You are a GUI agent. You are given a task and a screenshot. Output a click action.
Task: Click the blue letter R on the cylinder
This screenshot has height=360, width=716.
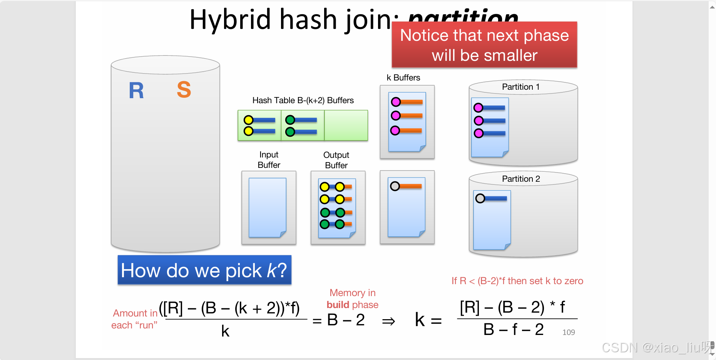[x=136, y=91]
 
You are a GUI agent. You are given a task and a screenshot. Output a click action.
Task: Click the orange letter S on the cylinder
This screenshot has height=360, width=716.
[x=184, y=90]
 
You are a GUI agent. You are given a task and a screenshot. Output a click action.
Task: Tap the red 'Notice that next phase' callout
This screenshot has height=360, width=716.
[x=484, y=45]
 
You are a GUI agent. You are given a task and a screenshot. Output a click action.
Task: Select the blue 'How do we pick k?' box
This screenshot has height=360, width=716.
[x=204, y=270]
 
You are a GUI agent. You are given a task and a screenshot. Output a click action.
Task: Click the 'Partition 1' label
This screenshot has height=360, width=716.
[x=520, y=87]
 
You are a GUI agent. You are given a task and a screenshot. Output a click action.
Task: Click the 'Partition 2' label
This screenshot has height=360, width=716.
[x=521, y=179]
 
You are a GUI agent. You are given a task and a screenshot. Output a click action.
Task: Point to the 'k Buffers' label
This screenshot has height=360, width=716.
[x=403, y=78]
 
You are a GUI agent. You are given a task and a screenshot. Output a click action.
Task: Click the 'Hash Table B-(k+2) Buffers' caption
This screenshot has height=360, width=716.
[x=303, y=100]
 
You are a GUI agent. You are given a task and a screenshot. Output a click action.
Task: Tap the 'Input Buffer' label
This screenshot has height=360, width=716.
[x=269, y=160]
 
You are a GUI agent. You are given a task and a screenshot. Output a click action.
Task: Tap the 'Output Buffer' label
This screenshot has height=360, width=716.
[x=336, y=160]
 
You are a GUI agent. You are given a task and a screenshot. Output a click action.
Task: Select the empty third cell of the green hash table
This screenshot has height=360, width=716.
[x=346, y=126]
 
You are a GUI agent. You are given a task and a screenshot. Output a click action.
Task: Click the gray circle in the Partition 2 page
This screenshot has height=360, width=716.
[x=480, y=199]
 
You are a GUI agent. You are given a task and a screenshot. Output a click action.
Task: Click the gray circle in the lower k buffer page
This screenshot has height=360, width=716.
[x=395, y=186]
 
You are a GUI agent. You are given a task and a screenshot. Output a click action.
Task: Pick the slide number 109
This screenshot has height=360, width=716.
[x=568, y=332]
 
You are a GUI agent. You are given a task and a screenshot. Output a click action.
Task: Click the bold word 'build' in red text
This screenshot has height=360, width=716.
[x=338, y=305]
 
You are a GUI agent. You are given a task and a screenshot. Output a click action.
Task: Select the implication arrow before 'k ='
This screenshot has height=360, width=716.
[x=388, y=321]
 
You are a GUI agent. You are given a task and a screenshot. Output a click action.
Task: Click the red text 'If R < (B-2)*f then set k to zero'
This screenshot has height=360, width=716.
[x=517, y=281]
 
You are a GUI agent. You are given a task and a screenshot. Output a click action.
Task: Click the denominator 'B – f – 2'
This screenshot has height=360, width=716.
[x=513, y=330]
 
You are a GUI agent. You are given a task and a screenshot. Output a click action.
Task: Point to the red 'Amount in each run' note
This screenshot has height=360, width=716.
[x=135, y=319]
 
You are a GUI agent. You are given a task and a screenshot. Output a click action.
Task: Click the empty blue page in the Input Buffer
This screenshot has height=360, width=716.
[x=267, y=207]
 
